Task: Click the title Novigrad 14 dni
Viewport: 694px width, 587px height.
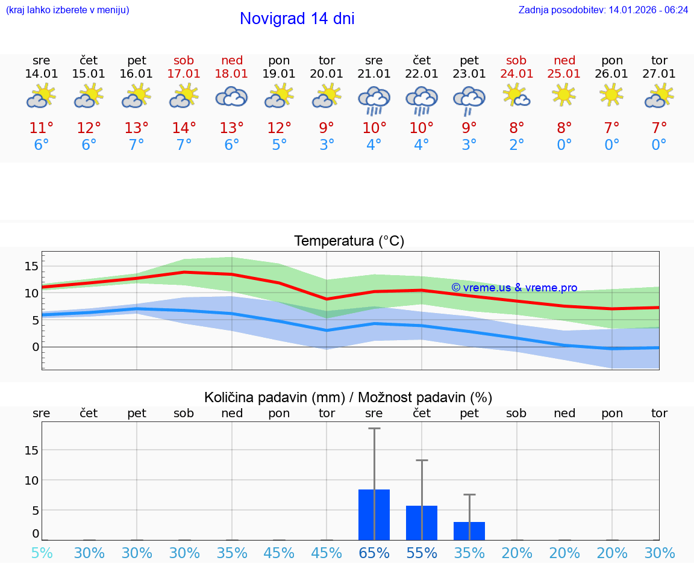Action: (297, 19)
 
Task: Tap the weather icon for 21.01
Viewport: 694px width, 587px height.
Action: (374, 100)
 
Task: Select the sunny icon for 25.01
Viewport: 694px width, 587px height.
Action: (564, 95)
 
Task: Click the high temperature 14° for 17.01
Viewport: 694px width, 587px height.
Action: (184, 128)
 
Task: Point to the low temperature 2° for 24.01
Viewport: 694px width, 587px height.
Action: (516, 145)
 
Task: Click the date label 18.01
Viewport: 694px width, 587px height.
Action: (232, 73)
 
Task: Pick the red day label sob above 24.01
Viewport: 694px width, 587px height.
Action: (516, 60)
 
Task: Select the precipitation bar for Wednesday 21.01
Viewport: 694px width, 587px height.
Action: (374, 515)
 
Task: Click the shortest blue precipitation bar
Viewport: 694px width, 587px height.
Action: (469, 531)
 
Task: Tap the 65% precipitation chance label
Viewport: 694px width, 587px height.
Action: (374, 553)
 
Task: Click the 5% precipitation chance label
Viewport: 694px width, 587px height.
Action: (42, 553)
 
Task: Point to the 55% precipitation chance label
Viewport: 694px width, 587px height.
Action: (422, 553)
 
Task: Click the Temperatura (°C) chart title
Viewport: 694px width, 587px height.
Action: (349, 241)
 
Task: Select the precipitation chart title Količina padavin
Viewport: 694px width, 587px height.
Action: (348, 397)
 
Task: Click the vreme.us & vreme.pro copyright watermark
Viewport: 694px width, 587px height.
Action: (514, 288)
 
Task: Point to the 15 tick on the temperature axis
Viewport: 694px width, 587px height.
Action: (32, 266)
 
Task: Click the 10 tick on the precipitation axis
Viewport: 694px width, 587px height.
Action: (32, 480)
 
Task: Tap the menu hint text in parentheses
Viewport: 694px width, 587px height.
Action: (67, 10)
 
